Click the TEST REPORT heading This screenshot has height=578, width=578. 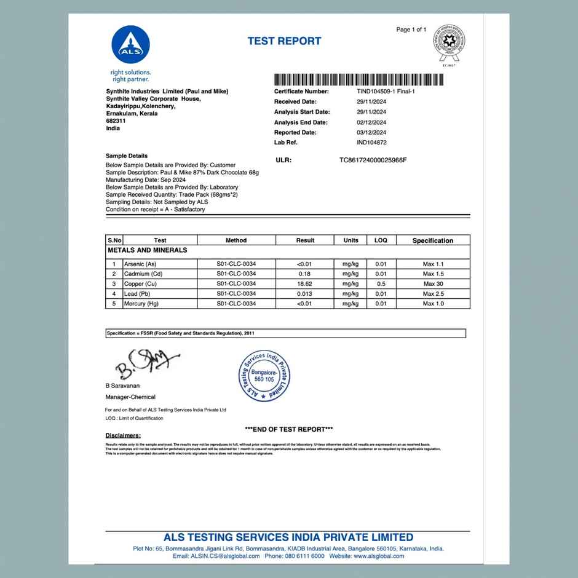click(284, 41)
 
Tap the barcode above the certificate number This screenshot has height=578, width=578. click(358, 80)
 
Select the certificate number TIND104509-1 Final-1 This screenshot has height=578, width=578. click(381, 91)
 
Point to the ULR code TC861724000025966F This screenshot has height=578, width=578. click(373, 160)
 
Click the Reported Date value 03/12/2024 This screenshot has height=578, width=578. click(371, 132)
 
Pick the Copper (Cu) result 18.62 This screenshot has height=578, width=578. click(305, 284)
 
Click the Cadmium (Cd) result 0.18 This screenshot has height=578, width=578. click(305, 274)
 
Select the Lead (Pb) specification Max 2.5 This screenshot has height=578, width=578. click(433, 294)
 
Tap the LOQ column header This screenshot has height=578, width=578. click(381, 240)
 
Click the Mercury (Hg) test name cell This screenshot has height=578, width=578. click(141, 304)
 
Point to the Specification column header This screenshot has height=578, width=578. click(433, 240)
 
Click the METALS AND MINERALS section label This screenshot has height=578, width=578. click(148, 250)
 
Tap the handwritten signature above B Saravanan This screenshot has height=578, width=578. click(146, 365)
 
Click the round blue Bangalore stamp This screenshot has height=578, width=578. click(263, 376)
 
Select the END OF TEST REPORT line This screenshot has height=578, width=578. click(289, 429)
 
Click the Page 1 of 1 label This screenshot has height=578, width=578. click(411, 30)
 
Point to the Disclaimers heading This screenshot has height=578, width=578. click(123, 435)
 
